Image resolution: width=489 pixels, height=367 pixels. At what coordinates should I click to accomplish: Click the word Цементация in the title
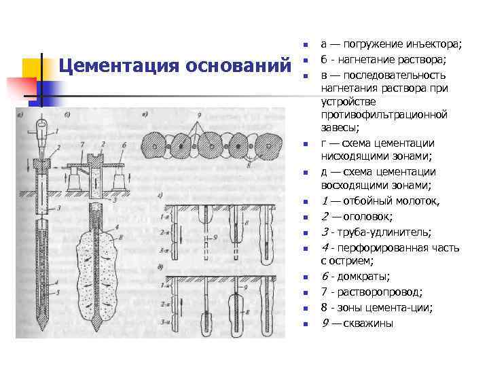click(108, 67)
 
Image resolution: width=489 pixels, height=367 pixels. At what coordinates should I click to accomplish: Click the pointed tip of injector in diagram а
click(38, 325)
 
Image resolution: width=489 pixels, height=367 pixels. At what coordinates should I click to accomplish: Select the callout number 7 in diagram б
click(81, 145)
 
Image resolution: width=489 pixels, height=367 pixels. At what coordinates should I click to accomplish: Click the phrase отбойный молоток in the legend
click(391, 200)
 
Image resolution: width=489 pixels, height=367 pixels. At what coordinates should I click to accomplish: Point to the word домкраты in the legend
click(374, 277)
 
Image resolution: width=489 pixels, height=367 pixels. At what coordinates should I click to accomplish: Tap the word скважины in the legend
click(369, 323)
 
